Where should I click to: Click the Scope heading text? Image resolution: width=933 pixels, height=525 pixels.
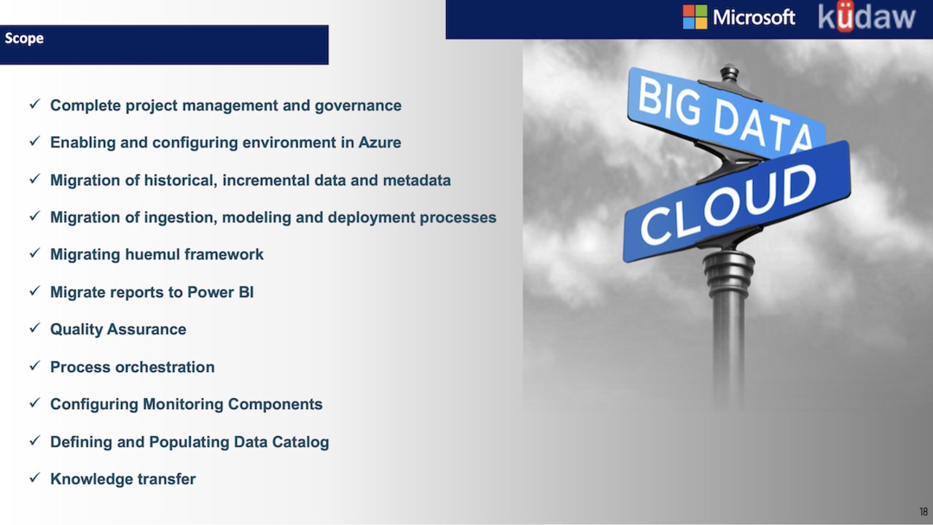(x=24, y=39)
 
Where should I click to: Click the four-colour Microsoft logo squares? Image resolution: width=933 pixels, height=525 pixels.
(x=695, y=17)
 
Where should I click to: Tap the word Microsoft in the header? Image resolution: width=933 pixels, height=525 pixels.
(x=754, y=17)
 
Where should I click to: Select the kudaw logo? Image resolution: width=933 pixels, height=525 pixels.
(x=867, y=17)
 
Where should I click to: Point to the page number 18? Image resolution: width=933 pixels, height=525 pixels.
(x=924, y=511)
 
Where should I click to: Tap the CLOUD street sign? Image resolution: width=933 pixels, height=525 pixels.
(x=736, y=202)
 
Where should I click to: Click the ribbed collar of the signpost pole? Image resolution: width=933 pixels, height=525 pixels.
(x=728, y=273)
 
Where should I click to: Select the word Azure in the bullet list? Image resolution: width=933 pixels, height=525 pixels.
(x=380, y=142)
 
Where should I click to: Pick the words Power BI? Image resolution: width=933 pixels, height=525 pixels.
(x=220, y=292)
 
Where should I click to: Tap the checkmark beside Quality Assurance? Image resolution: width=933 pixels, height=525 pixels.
(x=34, y=328)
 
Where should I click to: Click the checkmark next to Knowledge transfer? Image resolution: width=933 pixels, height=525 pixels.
(x=34, y=478)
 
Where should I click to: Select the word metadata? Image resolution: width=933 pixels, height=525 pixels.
(x=416, y=180)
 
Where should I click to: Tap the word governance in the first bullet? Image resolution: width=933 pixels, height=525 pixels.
(x=358, y=106)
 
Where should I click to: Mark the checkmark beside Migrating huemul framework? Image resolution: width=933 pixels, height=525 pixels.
(x=34, y=253)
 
